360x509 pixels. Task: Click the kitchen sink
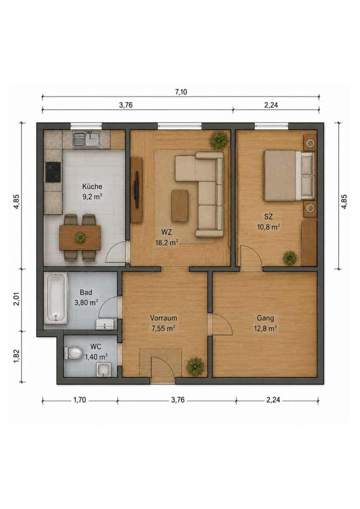(87, 139)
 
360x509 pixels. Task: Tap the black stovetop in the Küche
(53, 172)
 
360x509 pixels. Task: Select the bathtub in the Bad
(56, 298)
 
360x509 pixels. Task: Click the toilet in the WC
(74, 353)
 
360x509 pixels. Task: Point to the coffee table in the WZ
(180, 206)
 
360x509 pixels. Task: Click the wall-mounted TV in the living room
(137, 190)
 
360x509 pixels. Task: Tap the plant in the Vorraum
(195, 366)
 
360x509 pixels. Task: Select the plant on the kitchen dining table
(80, 237)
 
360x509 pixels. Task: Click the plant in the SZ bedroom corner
(289, 258)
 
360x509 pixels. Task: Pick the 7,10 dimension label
(181, 92)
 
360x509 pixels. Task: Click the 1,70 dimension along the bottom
(80, 400)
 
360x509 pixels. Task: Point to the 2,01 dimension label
(16, 299)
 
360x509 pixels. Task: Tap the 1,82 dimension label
(16, 356)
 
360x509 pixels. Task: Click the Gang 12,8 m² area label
(265, 328)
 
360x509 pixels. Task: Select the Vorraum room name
(164, 318)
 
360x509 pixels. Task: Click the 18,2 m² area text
(166, 243)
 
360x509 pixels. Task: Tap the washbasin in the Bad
(105, 324)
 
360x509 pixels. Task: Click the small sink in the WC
(104, 370)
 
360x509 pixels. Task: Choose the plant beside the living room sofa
(219, 140)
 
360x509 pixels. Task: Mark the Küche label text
(92, 186)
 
